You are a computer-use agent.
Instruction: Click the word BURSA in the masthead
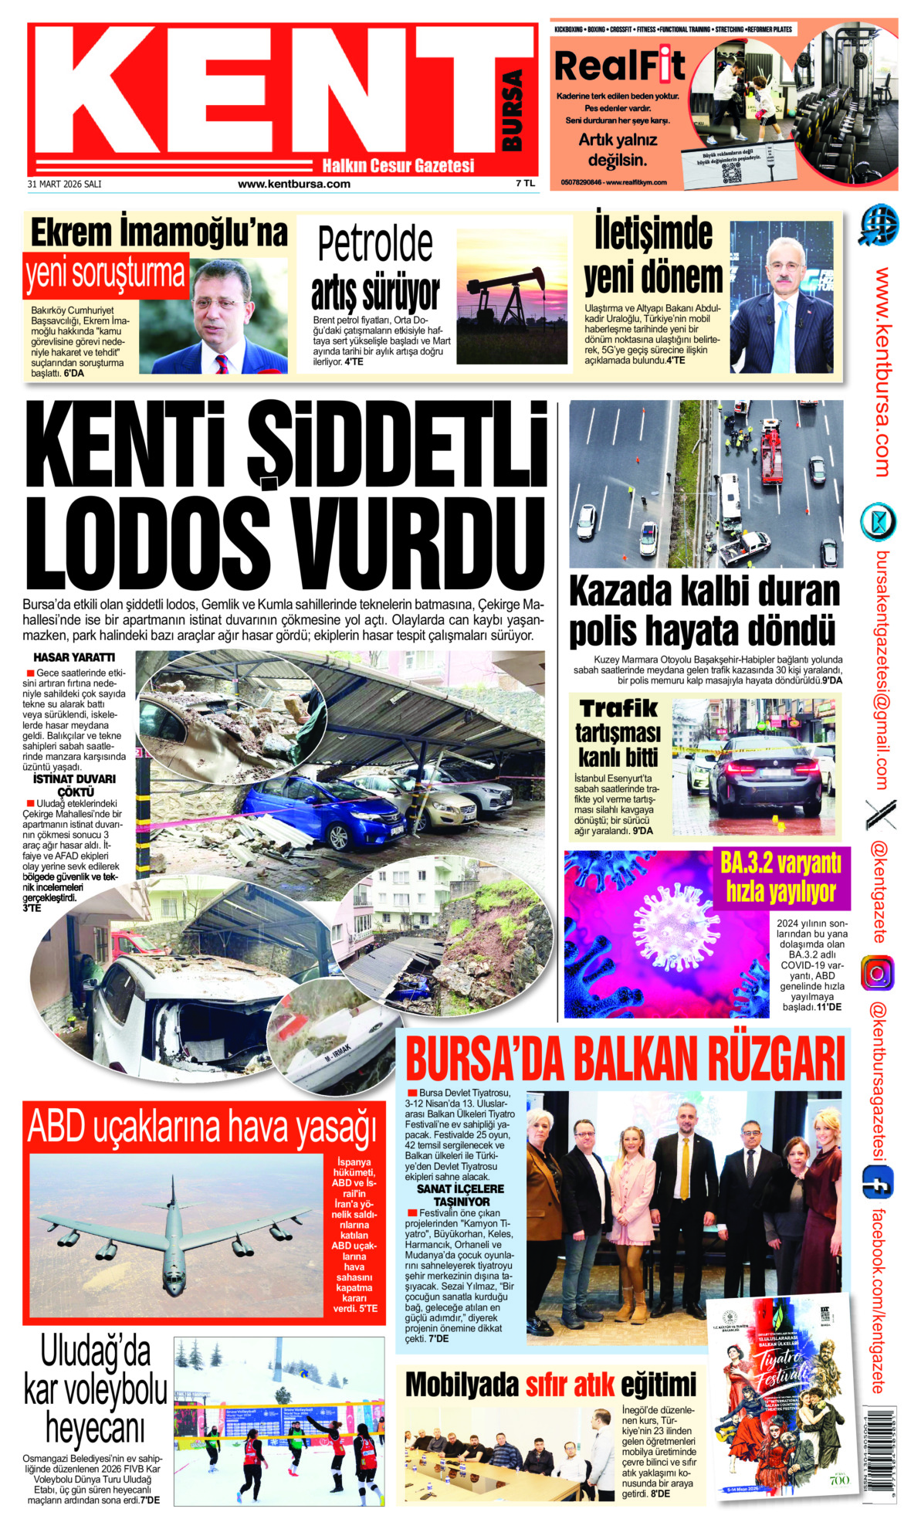point(512,110)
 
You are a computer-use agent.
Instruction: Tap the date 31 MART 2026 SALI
point(64,185)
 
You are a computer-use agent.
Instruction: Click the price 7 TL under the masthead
point(525,184)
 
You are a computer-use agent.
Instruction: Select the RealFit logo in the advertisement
point(619,66)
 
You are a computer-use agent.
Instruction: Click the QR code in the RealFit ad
point(730,171)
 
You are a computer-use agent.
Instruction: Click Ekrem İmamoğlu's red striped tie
point(222,364)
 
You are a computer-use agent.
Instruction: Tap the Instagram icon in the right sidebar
point(878,973)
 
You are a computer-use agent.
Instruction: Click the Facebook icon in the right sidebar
point(878,1182)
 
